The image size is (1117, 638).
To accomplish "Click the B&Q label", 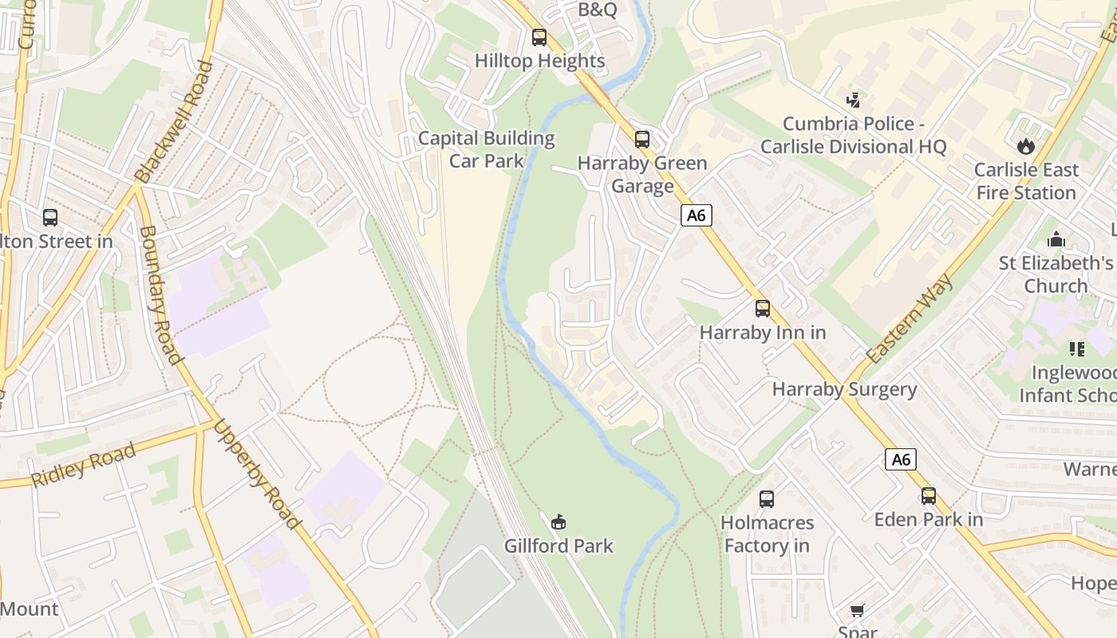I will point(598,10).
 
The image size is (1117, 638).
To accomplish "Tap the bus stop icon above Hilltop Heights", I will point(539,37).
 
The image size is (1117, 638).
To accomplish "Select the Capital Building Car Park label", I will point(487,149).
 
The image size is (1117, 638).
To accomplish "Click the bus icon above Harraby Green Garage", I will point(642,140).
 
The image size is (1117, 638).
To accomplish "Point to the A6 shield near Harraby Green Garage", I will point(697,215).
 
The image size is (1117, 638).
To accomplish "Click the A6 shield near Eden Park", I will point(901,459).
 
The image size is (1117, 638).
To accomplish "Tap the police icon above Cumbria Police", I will point(854,100).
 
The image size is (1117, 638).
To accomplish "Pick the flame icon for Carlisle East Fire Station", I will point(1025,146).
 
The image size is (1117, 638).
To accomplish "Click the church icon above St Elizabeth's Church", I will point(1056,239).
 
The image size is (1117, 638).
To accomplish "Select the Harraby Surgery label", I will point(844,389).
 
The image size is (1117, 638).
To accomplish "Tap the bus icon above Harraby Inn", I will point(763,309).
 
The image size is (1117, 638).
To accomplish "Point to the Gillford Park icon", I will point(558,522).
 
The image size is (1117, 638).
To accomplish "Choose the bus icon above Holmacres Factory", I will point(767,499).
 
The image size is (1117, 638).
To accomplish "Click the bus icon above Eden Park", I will point(929,496).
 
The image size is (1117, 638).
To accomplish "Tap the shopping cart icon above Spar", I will point(858,611).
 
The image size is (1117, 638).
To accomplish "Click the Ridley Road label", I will point(83,466).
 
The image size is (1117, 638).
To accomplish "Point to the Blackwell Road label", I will point(175,122).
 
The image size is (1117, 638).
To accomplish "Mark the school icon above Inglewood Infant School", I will point(1077,349).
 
